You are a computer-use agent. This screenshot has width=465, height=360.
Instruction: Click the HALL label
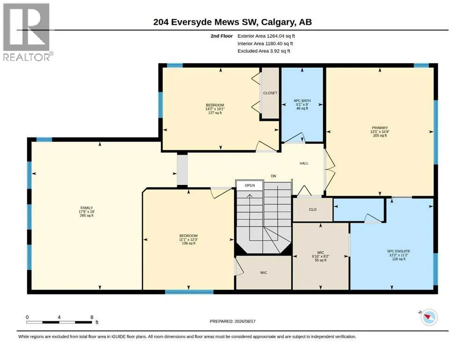[x=304, y=163]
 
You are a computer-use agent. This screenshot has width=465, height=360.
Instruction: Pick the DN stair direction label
[x=273, y=176]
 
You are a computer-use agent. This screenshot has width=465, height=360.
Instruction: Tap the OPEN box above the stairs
[x=250, y=185]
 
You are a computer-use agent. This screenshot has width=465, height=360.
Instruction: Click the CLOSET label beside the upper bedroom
[x=270, y=93]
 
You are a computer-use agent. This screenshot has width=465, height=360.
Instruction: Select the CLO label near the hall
[x=312, y=210]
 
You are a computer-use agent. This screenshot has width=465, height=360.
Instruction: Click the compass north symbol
[x=428, y=317]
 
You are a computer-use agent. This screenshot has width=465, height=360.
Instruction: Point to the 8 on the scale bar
[x=92, y=317]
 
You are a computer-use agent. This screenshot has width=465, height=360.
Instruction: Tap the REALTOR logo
[x=27, y=32]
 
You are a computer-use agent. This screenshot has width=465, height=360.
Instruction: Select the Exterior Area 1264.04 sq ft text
[x=266, y=36]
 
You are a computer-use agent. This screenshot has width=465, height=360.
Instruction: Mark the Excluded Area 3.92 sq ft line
[x=264, y=51]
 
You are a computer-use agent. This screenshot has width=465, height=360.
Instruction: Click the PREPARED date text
[x=232, y=321]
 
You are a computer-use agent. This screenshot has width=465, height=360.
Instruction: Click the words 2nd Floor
[x=221, y=36]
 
